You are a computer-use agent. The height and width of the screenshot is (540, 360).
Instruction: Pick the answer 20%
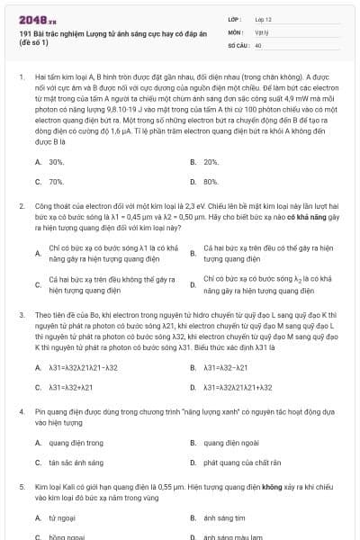click(211, 162)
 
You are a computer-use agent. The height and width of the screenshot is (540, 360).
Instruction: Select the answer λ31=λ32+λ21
click(71, 387)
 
